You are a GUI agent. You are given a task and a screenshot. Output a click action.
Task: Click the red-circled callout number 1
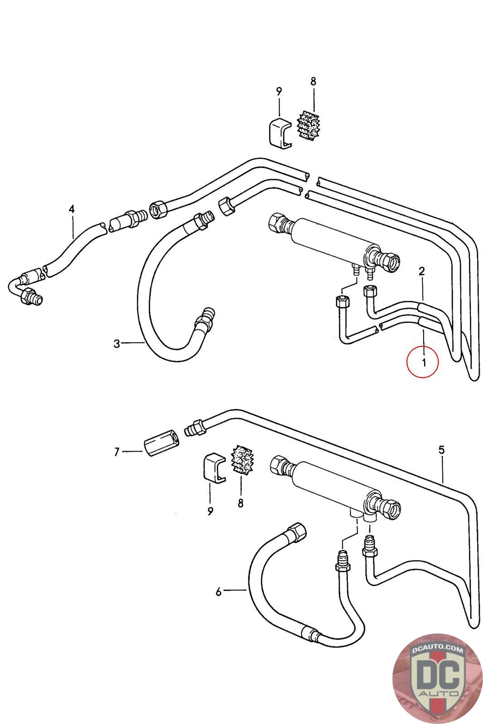[423, 362]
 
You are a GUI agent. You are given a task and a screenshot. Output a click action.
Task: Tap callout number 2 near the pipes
[421, 271]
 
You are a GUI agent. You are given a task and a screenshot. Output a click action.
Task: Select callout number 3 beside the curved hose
[117, 344]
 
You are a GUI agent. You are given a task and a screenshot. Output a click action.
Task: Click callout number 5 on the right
[441, 450]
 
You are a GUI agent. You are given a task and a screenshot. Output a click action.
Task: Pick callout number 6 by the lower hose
[219, 591]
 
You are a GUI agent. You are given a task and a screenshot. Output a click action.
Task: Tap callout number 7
[116, 451]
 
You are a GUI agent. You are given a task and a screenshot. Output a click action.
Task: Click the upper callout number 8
[313, 81]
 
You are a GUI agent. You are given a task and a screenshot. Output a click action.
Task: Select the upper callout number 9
[279, 91]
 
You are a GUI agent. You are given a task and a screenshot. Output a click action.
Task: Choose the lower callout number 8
[240, 503]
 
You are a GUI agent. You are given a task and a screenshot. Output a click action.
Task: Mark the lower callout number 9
[210, 511]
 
